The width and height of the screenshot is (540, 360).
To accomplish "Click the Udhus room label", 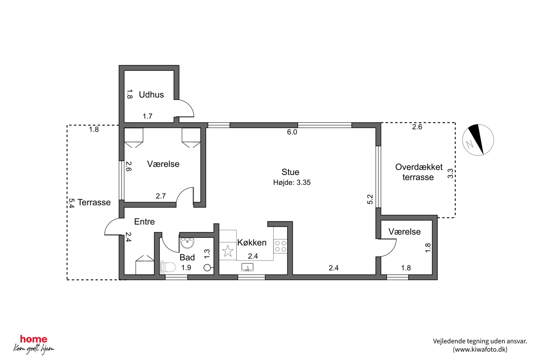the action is click(x=151, y=95).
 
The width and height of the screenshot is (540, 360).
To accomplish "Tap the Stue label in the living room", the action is click(x=290, y=172).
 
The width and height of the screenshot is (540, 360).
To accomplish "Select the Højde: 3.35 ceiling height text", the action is click(x=292, y=182).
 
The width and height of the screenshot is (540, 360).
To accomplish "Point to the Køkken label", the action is click(x=252, y=242).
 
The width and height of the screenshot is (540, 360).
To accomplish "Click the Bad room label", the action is click(x=187, y=257).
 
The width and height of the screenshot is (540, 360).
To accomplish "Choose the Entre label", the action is click(x=144, y=221).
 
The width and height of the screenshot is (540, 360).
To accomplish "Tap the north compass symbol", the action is click(x=478, y=140).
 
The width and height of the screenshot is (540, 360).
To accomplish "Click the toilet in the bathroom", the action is click(x=168, y=267).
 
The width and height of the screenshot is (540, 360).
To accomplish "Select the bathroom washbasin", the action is click(x=187, y=243).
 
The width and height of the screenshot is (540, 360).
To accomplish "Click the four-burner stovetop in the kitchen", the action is click(x=280, y=246).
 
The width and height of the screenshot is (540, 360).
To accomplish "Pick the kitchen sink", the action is click(x=247, y=267).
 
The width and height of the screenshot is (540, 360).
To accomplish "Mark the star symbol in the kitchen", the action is click(x=228, y=251).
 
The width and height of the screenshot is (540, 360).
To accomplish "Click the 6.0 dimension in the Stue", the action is click(x=292, y=132).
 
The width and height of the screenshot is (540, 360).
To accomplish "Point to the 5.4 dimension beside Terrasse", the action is click(x=71, y=203).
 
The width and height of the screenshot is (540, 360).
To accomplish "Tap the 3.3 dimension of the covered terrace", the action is click(x=450, y=173).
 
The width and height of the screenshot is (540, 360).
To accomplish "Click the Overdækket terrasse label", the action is click(x=419, y=172).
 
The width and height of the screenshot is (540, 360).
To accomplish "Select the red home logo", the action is click(x=34, y=339).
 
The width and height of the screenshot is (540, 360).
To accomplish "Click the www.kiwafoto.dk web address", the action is click(x=480, y=349).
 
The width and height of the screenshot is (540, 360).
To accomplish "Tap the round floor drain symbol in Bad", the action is click(x=207, y=268).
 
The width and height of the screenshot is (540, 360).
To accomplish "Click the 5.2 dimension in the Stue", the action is click(x=370, y=199).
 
